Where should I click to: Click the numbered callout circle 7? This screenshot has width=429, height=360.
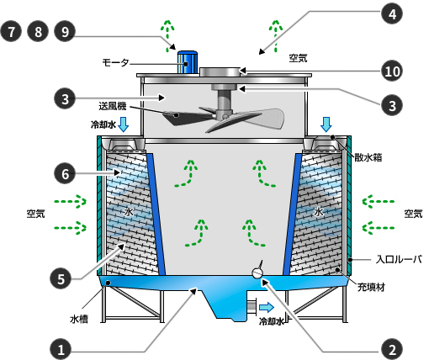[11, 31]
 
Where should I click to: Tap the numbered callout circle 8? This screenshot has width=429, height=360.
[38, 31]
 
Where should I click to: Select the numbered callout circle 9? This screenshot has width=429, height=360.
[65, 31]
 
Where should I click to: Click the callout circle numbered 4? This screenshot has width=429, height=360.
[392, 13]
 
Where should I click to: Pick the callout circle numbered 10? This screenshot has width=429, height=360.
[392, 71]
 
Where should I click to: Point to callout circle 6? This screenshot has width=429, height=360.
[65, 173]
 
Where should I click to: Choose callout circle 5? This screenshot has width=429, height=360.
[61, 279]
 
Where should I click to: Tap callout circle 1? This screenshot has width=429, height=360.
[61, 349]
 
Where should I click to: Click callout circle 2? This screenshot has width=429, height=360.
[392, 349]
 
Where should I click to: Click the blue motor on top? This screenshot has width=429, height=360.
[187, 62]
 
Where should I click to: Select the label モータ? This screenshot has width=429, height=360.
[115, 62]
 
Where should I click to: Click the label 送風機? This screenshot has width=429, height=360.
[113, 106]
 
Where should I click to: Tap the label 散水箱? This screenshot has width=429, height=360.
[368, 157]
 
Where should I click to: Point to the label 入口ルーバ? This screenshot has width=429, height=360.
[399, 259]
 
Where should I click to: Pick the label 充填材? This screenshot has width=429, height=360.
[371, 288]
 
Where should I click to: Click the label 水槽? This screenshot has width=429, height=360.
[79, 319]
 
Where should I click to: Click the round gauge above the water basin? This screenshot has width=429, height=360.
[257, 273]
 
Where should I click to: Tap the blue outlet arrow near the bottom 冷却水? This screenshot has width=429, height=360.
[267, 308]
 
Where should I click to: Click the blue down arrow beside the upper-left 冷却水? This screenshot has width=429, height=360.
[124, 124]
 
